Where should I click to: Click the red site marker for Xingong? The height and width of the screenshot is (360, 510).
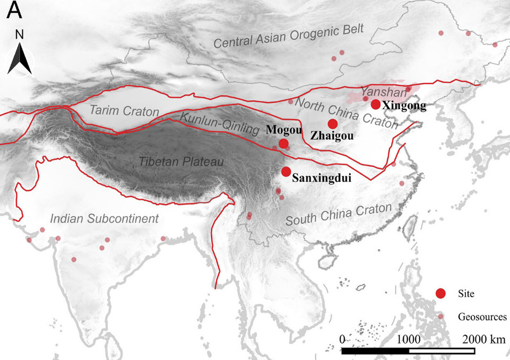point(376,104)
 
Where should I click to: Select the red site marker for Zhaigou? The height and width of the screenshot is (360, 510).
point(333,124)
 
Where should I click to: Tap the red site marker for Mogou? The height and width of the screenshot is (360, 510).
point(283,144)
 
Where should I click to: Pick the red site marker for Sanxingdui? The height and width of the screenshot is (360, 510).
point(287,171)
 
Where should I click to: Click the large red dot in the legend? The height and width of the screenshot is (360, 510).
point(440,294)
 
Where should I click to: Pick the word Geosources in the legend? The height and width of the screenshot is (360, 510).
point(479,317)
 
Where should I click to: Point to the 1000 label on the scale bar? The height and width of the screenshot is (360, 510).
point(409,339)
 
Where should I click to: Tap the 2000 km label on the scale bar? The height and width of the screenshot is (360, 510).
point(481,339)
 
